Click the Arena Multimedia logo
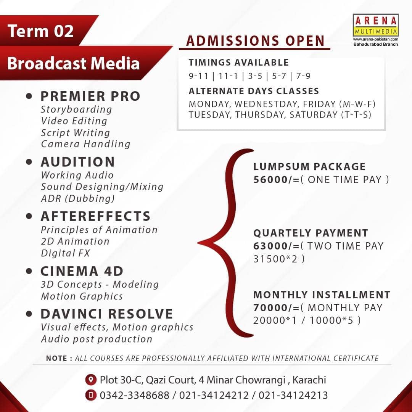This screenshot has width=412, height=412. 376,25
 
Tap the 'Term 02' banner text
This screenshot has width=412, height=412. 40,31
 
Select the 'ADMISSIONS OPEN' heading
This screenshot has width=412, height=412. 255,41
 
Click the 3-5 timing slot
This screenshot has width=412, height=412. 255,76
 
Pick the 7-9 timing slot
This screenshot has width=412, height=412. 303,76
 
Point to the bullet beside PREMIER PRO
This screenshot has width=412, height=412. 29,96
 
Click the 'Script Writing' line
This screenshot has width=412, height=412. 76,133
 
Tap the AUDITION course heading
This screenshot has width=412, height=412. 78,162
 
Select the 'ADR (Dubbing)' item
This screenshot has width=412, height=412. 78,198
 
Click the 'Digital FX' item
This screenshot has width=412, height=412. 66,253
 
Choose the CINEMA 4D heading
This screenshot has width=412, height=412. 82,271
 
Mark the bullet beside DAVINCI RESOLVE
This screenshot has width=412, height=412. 29,314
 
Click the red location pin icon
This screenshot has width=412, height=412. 91,380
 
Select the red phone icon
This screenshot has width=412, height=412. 91,395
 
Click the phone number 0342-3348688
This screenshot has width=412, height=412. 135,395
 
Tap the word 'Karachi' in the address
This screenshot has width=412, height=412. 309,380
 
